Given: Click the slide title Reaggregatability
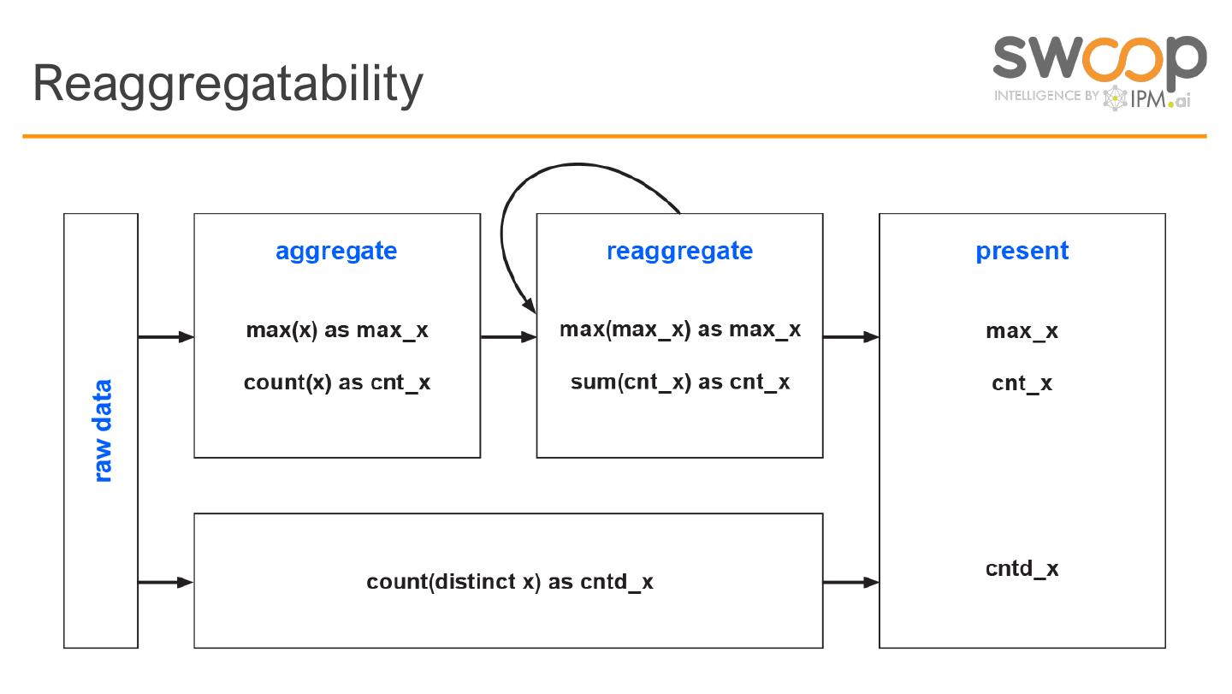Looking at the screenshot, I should coord(228,84).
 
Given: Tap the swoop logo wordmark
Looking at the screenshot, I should coord(1099,57).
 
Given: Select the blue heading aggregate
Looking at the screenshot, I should coord(336,252).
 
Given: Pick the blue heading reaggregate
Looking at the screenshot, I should coord(679,252).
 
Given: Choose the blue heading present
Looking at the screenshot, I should coord(1022,252).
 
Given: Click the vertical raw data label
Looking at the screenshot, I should coord(102,430).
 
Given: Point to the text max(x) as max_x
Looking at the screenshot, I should coord(337,330).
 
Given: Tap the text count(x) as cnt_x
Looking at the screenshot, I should coord(337,383).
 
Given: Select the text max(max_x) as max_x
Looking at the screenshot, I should coord(679,329).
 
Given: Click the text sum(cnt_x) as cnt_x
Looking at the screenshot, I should coord(679,382).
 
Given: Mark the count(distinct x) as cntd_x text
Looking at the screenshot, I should coord(509,582).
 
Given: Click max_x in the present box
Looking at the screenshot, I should coord(1022,331).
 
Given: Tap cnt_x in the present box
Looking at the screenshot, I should coord(1022,383).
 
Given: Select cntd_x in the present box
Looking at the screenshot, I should coord(1022,569).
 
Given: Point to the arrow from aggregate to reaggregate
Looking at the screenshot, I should coord(508,337).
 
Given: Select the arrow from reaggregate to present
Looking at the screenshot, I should coord(850,337).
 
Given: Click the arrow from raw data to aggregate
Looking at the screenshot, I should coord(166,337).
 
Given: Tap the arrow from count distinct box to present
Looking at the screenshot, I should coord(850,583).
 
